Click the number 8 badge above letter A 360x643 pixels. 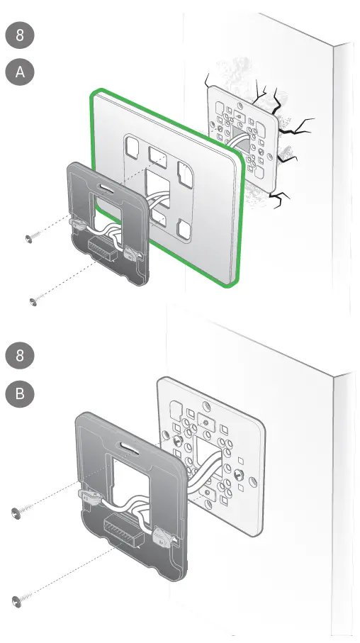coord(20,35)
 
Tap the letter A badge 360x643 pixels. coord(20,72)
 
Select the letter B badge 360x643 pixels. coord(20,393)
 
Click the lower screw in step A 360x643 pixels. coord(34,303)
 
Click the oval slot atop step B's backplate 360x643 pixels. coord(127,448)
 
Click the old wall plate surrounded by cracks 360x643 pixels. coord(241,135)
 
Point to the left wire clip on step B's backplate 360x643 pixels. coord(86,492)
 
